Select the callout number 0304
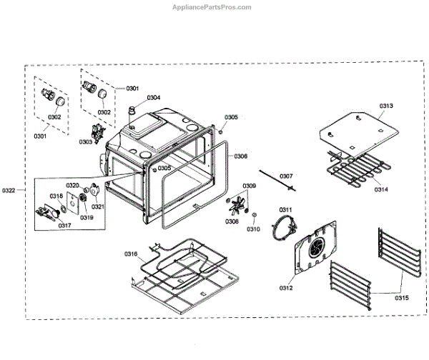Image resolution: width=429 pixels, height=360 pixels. click(x=154, y=97)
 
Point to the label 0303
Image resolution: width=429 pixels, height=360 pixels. click(x=85, y=141)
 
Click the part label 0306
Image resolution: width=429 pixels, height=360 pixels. click(x=240, y=156)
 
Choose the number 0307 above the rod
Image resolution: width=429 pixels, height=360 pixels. click(x=286, y=176)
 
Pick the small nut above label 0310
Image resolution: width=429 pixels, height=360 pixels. click(x=252, y=216)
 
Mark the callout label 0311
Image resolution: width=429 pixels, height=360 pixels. click(x=286, y=209)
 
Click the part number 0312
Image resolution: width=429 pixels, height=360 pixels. click(x=286, y=289)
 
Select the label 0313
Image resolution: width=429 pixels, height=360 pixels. click(x=386, y=106)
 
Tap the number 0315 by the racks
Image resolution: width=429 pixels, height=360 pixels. click(x=401, y=297)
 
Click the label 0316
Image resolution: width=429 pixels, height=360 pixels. click(x=130, y=254)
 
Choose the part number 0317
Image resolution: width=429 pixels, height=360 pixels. click(x=65, y=225)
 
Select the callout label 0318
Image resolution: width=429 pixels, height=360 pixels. click(x=56, y=196)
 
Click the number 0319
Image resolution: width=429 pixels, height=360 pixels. click(x=86, y=217)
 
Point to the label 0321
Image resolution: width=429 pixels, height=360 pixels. click(x=98, y=206)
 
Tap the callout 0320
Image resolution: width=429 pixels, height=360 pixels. click(x=73, y=186)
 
